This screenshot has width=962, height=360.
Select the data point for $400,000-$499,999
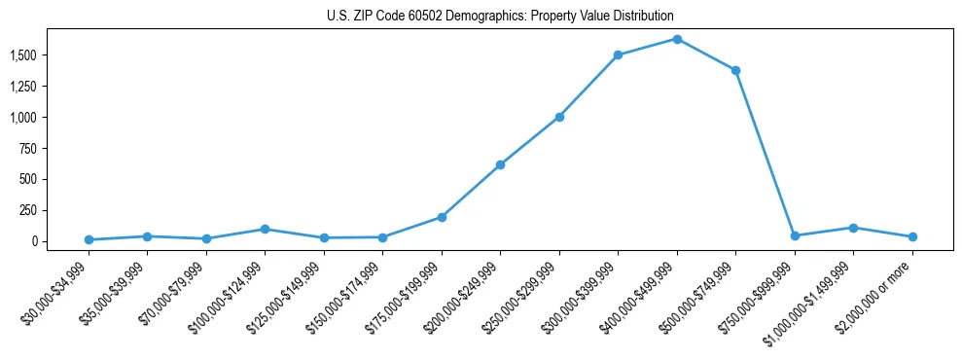click(x=677, y=39)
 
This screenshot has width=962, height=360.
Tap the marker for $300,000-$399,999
click(x=618, y=55)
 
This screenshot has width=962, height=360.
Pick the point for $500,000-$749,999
click(x=735, y=70)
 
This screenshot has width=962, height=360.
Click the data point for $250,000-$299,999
click(x=559, y=117)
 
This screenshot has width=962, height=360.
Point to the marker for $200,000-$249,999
click(x=500, y=164)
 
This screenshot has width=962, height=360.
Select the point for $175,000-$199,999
click(x=442, y=217)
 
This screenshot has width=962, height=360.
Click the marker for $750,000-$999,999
click(x=795, y=235)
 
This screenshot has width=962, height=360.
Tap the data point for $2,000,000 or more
click(x=912, y=236)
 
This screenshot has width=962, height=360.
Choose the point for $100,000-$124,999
click(x=265, y=229)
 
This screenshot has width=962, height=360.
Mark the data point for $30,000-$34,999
click(x=89, y=239)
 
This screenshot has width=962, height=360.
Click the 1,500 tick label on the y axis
click(x=23, y=55)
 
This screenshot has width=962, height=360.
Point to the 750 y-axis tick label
click(x=28, y=148)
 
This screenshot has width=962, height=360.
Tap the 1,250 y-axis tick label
click(x=23, y=87)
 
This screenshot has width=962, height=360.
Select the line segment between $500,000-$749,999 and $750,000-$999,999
click(x=766, y=153)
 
